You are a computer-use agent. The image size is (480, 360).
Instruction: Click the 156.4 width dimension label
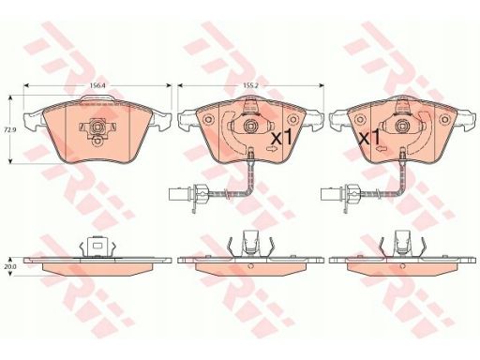[x=97, y=85]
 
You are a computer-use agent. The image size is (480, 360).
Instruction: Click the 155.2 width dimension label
[x=250, y=85]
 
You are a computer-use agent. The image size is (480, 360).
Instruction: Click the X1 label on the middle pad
[x=280, y=137]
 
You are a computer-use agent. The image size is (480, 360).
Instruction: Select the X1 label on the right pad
[x=370, y=137]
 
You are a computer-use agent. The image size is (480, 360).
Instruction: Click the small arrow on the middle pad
[x=271, y=149]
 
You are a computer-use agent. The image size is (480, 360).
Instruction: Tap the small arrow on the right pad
[x=381, y=149]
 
